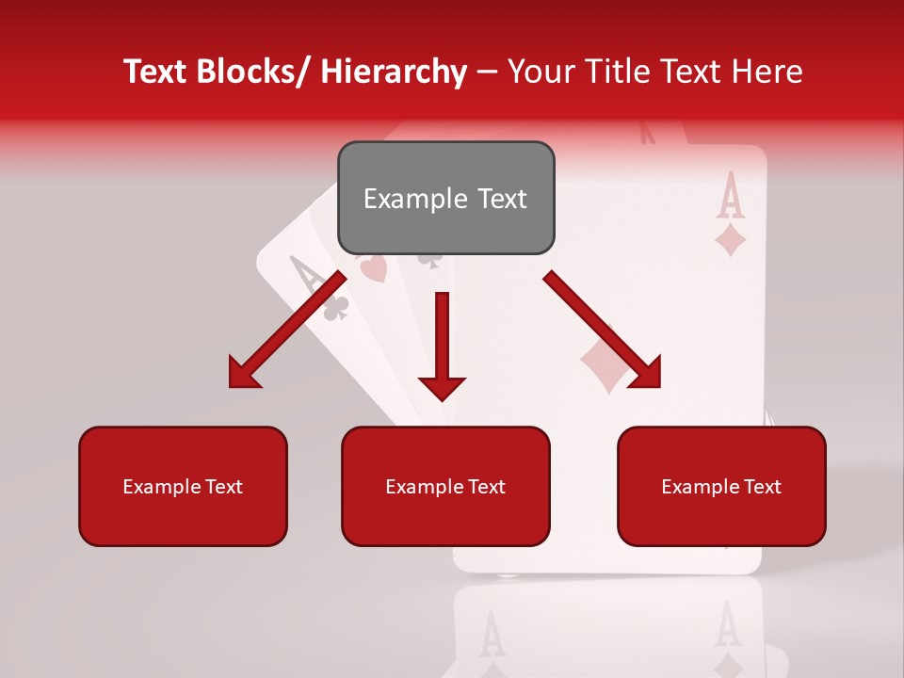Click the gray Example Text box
445,198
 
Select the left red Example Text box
183,486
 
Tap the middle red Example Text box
445,486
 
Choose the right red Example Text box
721,486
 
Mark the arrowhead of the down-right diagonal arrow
646,373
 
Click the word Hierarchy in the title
394,72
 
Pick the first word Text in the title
157,72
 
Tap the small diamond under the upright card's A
731,240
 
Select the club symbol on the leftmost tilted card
336,308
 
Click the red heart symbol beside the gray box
373,270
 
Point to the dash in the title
487,73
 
